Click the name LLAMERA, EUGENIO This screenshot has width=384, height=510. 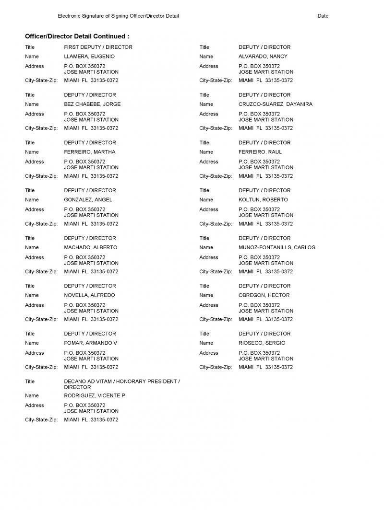tap(89, 57)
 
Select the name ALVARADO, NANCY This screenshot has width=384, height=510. tap(263, 57)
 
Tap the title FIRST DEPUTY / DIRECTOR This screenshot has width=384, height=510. tap(98, 47)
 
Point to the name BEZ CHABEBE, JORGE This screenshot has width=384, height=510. tap(92, 104)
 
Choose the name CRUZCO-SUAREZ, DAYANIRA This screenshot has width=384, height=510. tap(276, 104)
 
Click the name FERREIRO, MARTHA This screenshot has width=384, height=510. tap(90, 152)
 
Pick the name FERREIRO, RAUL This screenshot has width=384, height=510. tap(260, 152)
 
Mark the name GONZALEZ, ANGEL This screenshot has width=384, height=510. tap(88, 200)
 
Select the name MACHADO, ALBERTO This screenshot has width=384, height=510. tap(90, 248)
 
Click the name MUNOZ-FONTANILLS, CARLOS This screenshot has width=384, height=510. tap(277, 248)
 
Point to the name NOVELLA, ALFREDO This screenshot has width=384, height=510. tap(89, 295)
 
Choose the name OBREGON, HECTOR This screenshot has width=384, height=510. tap(264, 295)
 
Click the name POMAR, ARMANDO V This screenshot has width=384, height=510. tap(90, 343)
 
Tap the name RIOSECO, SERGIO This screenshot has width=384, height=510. tap(262, 343)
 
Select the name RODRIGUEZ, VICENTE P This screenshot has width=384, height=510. tap(95, 396)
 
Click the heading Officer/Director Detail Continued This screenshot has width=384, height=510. tap(77, 36)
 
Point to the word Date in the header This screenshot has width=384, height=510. tap(323, 16)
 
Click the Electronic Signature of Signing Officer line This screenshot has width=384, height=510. tap(118, 16)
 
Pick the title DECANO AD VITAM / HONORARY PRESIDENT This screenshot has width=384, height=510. tap(122, 382)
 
